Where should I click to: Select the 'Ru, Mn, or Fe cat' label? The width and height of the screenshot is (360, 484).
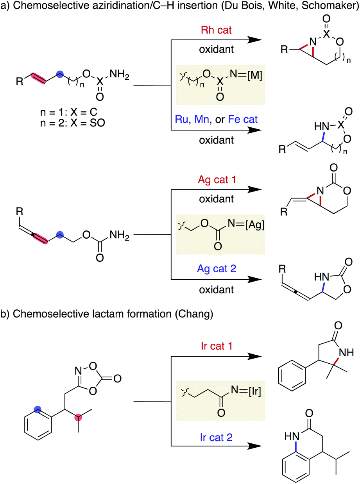pyautogui.click(x=215, y=119)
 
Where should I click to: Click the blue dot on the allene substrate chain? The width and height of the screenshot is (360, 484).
pyautogui.click(x=60, y=234)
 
